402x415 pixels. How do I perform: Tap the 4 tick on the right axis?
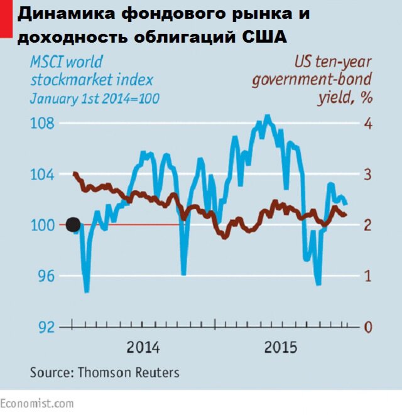(368, 123)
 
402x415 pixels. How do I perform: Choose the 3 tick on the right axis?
(368, 175)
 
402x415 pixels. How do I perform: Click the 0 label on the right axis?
(368, 327)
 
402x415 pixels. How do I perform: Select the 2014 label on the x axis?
(143, 347)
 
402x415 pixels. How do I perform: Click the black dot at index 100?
(73, 224)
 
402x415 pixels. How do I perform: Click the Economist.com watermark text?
(37, 403)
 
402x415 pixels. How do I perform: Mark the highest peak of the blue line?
(267, 116)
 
